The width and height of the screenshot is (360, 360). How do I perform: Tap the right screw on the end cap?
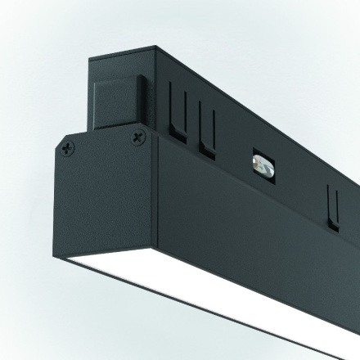coord(135,139)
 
